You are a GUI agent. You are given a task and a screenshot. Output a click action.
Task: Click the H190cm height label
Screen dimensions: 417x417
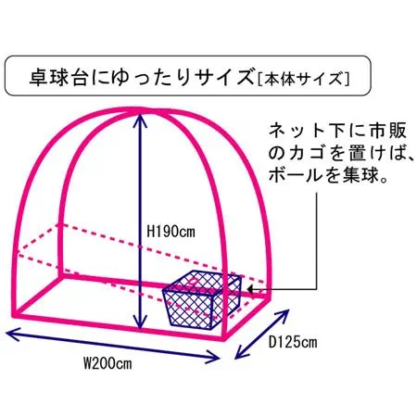[x=171, y=232]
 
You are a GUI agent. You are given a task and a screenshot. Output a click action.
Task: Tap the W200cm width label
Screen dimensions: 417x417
[x=107, y=363]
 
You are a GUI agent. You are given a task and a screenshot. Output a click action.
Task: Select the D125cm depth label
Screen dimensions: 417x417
[x=293, y=342]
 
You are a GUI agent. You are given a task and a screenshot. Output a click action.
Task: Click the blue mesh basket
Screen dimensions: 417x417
[x=202, y=298]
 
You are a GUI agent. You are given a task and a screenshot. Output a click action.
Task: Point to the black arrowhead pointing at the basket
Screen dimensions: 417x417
[x=250, y=289]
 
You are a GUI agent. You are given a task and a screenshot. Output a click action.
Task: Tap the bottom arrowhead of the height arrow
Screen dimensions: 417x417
[x=140, y=323]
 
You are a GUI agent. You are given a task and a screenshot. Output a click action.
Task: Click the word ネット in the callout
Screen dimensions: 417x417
[x=296, y=131]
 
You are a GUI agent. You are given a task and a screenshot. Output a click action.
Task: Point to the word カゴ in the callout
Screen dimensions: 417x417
[x=306, y=154]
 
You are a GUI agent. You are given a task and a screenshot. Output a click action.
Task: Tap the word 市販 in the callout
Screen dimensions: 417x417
[x=387, y=131]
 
